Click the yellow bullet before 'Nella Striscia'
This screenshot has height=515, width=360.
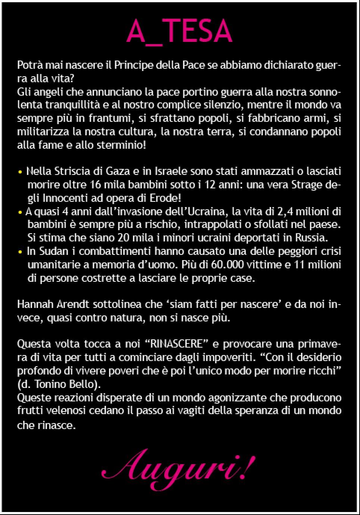point(20,172)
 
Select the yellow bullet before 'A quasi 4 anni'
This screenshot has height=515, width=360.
point(20,212)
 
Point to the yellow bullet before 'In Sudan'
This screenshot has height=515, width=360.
point(20,252)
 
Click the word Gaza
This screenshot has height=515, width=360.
point(117,172)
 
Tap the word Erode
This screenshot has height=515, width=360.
point(166,198)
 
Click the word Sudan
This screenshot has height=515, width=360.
point(55,251)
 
